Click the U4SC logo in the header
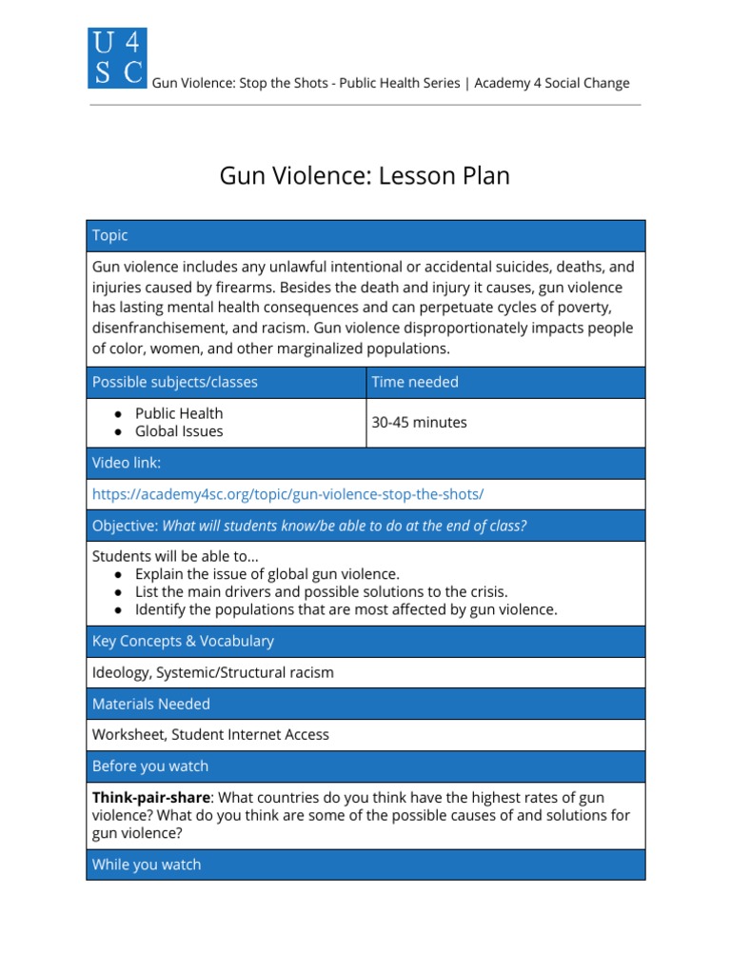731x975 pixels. [x=116, y=58]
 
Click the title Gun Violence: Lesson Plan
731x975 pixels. [x=365, y=176]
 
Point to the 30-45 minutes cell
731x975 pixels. [x=419, y=422]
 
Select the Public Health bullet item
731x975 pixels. [x=179, y=413]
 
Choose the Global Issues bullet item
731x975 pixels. [x=179, y=431]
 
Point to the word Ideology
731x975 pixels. [x=121, y=672]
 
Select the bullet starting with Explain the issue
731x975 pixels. [x=267, y=574]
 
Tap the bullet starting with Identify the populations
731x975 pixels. [x=346, y=609]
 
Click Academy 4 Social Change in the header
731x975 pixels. [x=551, y=83]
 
